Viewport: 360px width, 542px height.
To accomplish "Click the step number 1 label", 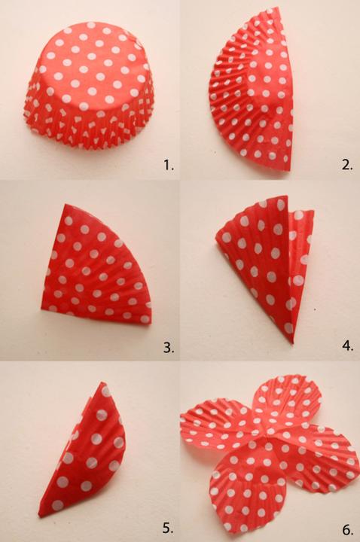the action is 169,166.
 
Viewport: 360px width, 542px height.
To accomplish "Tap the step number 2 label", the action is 347,165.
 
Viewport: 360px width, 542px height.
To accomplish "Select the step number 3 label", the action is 169,347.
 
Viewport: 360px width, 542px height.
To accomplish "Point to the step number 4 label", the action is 347,346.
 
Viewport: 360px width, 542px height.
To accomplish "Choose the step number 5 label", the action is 168,528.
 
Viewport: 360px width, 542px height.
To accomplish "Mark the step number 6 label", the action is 348,529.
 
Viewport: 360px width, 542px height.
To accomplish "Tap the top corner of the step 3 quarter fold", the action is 65,205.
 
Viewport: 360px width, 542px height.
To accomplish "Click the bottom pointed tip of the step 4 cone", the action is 292,343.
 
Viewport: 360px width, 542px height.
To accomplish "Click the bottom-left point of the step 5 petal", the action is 39,516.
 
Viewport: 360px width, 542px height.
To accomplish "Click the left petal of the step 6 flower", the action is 220,425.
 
